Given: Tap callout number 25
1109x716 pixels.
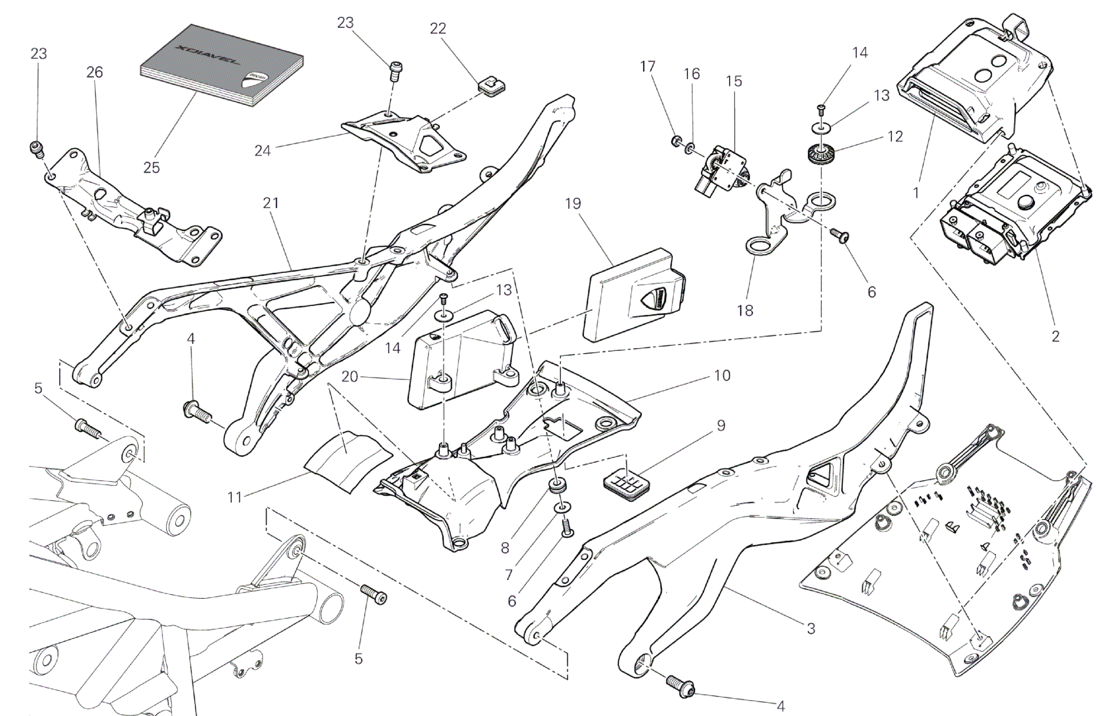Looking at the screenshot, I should click(x=152, y=167).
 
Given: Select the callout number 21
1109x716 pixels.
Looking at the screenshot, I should click(x=271, y=203).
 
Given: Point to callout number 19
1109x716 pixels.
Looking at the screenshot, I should click(x=573, y=203).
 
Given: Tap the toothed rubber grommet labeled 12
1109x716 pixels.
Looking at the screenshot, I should click(x=819, y=153).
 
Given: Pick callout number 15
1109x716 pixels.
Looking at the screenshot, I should click(x=734, y=81).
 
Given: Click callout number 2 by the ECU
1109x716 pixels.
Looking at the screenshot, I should click(x=1055, y=336).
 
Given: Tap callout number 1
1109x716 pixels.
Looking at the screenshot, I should click(x=916, y=193).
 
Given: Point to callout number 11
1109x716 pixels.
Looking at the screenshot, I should click(x=235, y=497).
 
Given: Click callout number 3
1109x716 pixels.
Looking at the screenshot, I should click(x=811, y=628).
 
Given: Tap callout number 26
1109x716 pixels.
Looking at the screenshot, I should click(x=95, y=72).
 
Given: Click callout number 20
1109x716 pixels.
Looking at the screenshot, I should click(x=350, y=377).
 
